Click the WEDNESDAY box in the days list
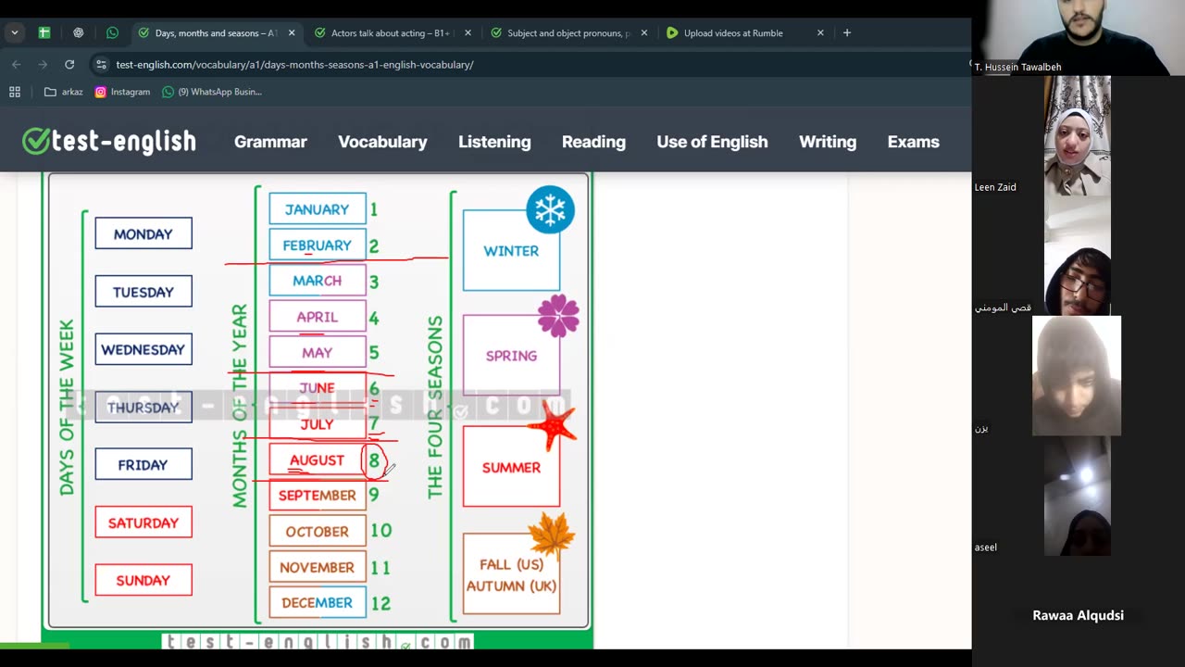143,349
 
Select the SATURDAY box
143,522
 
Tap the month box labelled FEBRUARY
317,245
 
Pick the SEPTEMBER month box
317,496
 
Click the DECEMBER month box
317,603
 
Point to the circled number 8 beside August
374,460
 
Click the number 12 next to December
380,603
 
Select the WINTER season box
511,251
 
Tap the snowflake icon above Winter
550,209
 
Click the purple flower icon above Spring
558,316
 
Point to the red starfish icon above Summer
553,427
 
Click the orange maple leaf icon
552,535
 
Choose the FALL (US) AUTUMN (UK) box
511,574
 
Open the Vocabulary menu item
382,142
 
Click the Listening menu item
494,142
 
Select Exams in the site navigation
913,142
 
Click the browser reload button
69,65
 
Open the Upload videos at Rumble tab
732,33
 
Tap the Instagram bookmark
122,92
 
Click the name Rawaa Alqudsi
1078,615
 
